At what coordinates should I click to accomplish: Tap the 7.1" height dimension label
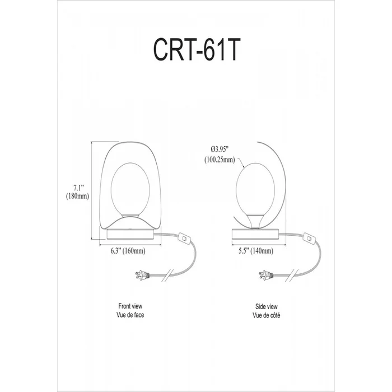pyautogui.click(x=78, y=188)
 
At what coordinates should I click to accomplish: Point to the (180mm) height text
pyautogui.click(x=77, y=196)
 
